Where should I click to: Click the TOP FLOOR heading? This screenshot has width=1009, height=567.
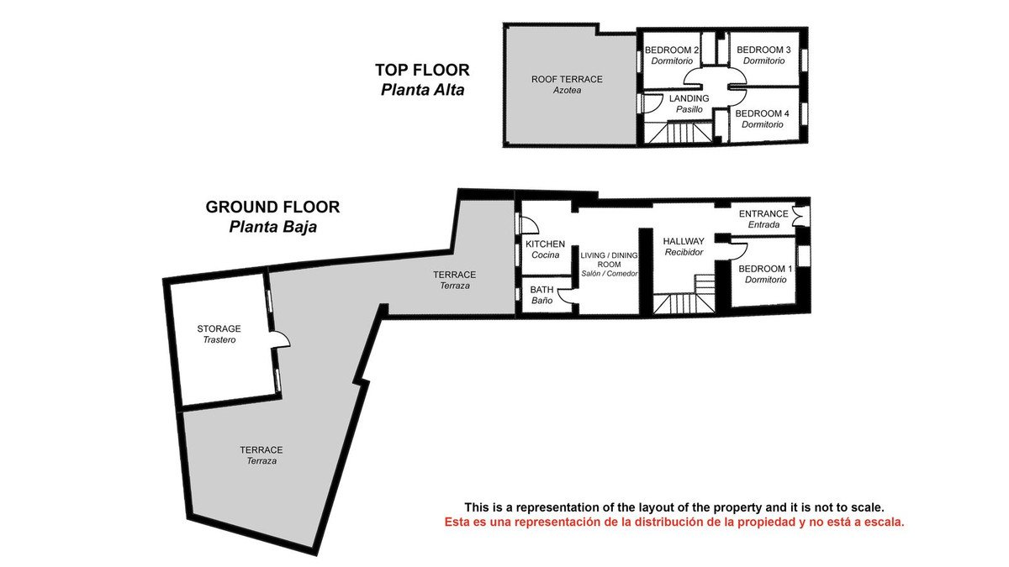pos(422,71)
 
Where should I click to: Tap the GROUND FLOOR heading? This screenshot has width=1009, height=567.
pos(272,207)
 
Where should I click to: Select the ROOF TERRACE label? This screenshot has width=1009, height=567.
pos(567,79)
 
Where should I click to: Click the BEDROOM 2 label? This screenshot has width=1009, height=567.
pos(672,50)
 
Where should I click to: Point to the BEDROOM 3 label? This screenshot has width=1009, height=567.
pos(763,50)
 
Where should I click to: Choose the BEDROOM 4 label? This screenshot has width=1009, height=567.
pos(762,113)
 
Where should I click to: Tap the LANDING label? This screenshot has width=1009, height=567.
pos(689,98)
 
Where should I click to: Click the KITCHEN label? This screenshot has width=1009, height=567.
pos(545,244)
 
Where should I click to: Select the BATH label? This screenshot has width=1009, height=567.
pos(541,289)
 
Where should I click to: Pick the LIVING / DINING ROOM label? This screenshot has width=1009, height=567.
pos(609,260)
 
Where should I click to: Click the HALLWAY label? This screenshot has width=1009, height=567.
pos(684,241)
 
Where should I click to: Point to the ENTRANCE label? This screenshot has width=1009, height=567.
pos(763,213)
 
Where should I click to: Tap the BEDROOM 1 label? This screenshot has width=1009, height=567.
pos(765,269)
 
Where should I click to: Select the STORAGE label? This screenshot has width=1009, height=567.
pos(219,328)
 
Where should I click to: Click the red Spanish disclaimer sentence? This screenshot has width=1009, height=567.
pos(674,522)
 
